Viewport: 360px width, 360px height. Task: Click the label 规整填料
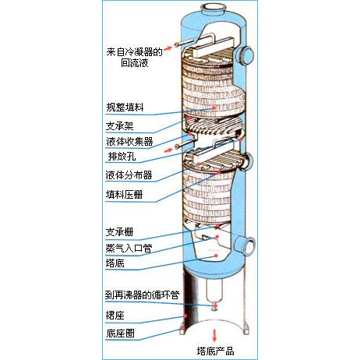(125, 108)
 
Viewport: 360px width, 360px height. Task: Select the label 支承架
(120, 126)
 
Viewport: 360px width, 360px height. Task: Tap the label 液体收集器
(129, 142)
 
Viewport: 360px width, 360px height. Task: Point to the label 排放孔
(122, 157)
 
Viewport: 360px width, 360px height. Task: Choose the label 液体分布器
(129, 175)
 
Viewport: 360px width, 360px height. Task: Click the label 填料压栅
(125, 195)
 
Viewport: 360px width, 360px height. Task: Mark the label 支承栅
(119, 231)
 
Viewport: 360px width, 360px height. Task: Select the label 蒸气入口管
(129, 249)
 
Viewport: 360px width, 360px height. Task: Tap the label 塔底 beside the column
(115, 263)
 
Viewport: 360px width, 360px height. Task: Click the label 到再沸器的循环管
(142, 295)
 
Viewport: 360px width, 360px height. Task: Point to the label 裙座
(115, 316)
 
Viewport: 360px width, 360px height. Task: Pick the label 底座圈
(120, 334)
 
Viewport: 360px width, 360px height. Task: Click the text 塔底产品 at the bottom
(215, 351)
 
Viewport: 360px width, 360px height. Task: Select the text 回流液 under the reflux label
(135, 63)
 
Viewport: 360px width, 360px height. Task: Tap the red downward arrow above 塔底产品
(214, 335)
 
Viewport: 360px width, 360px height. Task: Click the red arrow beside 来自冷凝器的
(168, 48)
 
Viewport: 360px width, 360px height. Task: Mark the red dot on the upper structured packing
(214, 107)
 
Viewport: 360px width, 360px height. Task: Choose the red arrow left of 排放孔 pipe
(169, 150)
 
